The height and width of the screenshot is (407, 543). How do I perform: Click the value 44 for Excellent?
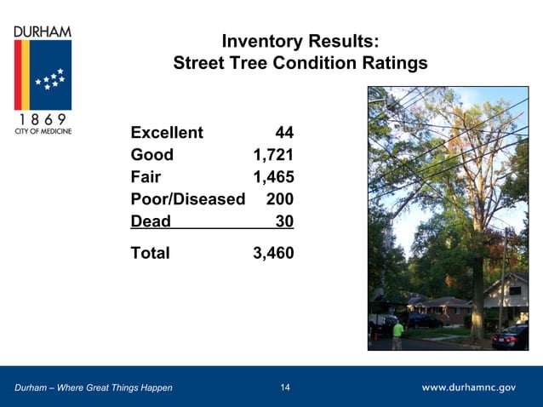[283, 133]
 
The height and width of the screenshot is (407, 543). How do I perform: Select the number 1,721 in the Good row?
[273, 155]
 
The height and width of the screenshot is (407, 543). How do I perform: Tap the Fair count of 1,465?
[273, 177]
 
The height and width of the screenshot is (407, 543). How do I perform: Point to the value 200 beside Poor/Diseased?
[279, 199]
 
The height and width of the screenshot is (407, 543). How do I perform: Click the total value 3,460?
[273, 253]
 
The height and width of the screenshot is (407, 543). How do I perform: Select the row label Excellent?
[167, 133]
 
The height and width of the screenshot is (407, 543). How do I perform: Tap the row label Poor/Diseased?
[187, 199]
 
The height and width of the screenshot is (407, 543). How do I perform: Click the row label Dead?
[151, 221]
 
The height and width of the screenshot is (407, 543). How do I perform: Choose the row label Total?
[150, 253]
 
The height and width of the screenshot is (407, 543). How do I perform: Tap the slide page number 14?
[285, 388]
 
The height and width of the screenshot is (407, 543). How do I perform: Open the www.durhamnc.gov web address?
[469, 388]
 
